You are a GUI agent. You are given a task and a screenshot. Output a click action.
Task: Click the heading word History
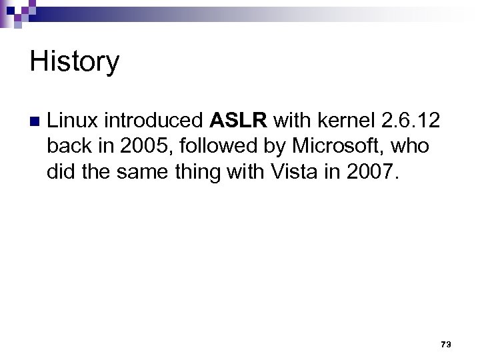75,62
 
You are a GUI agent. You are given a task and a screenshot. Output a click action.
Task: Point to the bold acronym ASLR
239,120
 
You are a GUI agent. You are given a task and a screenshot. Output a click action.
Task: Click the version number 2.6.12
408,120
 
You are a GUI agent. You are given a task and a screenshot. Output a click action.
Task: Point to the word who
413,145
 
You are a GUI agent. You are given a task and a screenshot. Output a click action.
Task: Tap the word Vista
295,171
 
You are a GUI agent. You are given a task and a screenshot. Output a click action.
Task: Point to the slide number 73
446,344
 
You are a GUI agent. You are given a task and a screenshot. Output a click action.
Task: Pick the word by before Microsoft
273,145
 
